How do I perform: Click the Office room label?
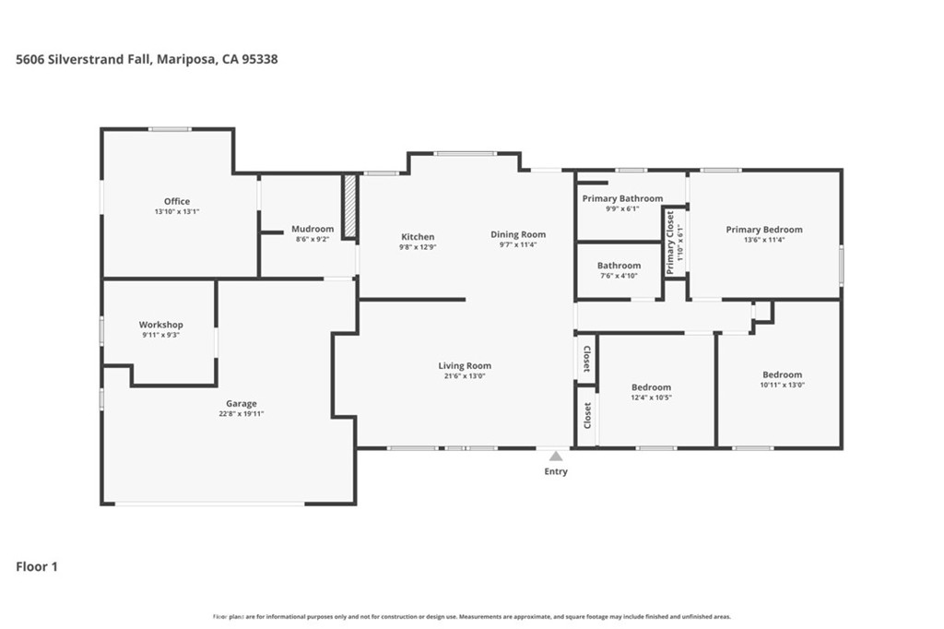pyautogui.click(x=177, y=201)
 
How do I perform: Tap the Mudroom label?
pyautogui.click(x=313, y=229)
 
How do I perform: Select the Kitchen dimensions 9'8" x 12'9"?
pyautogui.click(x=417, y=247)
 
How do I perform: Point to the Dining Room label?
pyautogui.click(x=517, y=234)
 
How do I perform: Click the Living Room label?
pyautogui.click(x=465, y=366)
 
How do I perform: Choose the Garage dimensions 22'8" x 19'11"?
pyautogui.click(x=241, y=414)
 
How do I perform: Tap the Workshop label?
pyautogui.click(x=161, y=325)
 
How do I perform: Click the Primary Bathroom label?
pyautogui.click(x=622, y=198)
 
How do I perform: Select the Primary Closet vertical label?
pyautogui.click(x=670, y=243)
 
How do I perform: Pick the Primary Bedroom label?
pyautogui.click(x=763, y=230)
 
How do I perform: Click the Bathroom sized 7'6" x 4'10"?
pyautogui.click(x=619, y=266)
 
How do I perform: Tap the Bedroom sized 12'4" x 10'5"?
pyautogui.click(x=651, y=387)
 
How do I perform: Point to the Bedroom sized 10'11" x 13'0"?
pyautogui.click(x=782, y=374)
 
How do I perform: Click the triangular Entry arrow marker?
pyautogui.click(x=555, y=456)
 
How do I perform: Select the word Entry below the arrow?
pyautogui.click(x=556, y=471)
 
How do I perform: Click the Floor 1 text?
pyautogui.click(x=37, y=566)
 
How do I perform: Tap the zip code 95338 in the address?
pyautogui.click(x=260, y=59)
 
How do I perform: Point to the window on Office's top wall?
pyautogui.click(x=171, y=129)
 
